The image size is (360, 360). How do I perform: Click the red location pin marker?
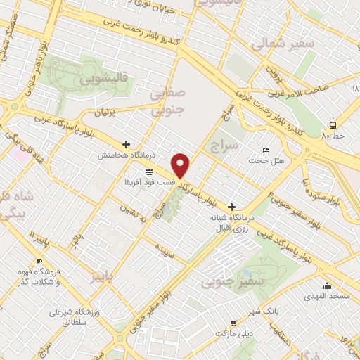pyautogui.click(x=181, y=165)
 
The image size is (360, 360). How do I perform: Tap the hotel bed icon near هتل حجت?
pyautogui.click(x=265, y=150)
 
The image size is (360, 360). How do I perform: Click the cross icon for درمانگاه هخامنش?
pyautogui.click(x=126, y=144)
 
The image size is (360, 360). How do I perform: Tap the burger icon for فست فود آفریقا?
pyautogui.click(x=149, y=172)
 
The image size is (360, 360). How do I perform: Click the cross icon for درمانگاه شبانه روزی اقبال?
pyautogui.click(x=231, y=207)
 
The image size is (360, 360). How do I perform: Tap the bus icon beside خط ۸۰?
pyautogui.click(x=333, y=125)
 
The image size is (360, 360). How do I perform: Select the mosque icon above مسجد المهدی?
pyautogui.click(x=328, y=285)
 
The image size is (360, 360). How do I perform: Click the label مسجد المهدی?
pyautogui.click(x=328, y=296)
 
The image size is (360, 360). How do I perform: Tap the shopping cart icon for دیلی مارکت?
pyautogui.click(x=233, y=324)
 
